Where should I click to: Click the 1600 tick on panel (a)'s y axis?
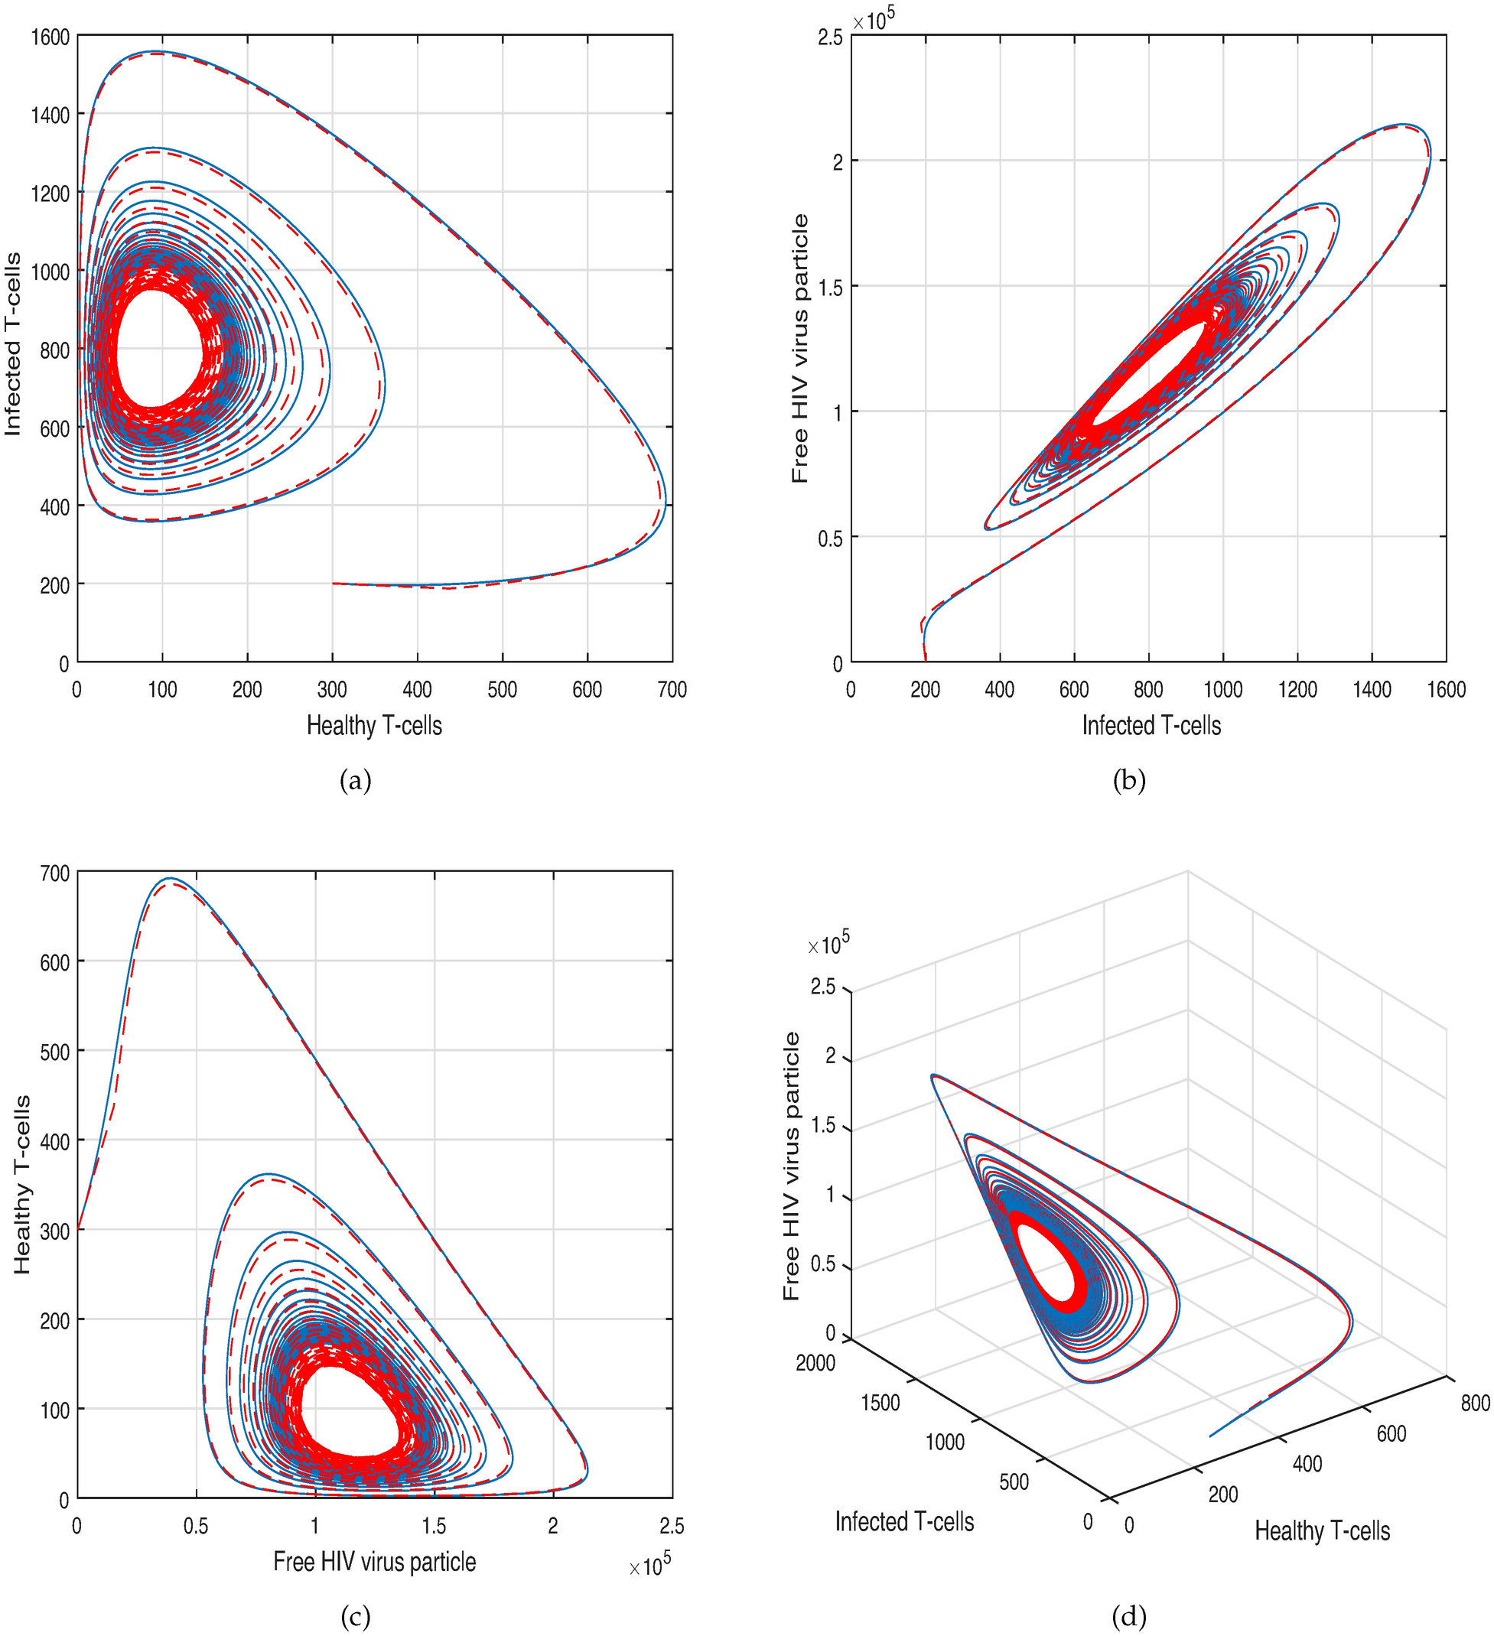coord(50,37)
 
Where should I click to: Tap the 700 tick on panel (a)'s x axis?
coord(672,689)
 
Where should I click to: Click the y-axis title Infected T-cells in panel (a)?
coord(14,344)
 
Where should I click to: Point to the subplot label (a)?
coord(356,781)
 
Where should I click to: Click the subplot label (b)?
coord(1129,781)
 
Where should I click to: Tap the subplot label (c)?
coord(356,1618)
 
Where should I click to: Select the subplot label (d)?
coord(1129,1618)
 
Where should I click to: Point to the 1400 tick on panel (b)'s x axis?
coord(1372,689)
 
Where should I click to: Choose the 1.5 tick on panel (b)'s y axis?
coord(830,288)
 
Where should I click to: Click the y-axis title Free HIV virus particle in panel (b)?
coord(800,348)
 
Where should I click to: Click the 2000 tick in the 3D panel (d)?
coord(815,1362)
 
